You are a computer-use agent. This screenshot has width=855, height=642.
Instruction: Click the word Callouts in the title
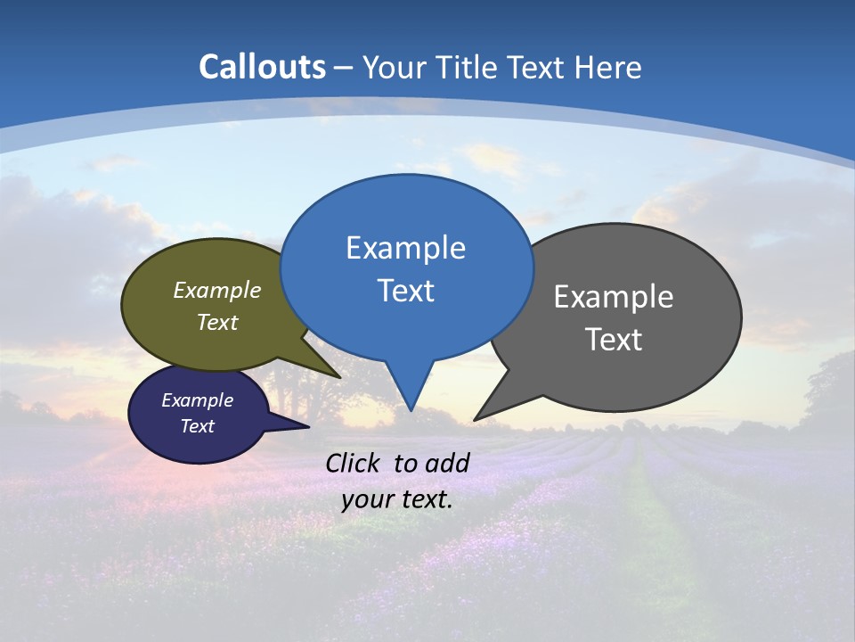(x=262, y=67)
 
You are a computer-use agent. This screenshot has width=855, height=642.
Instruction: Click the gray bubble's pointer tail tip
(x=476, y=418)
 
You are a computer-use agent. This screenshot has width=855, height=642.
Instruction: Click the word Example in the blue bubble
(x=405, y=248)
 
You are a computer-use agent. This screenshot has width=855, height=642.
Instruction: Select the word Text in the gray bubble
(x=614, y=340)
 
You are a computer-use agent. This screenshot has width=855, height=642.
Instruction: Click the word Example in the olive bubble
(x=217, y=291)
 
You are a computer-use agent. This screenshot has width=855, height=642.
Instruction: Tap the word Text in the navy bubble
(x=198, y=426)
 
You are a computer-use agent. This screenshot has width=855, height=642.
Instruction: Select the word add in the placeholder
(x=447, y=463)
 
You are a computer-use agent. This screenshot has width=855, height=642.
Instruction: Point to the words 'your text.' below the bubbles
(x=397, y=500)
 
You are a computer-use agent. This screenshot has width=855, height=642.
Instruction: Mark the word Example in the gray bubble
(x=614, y=297)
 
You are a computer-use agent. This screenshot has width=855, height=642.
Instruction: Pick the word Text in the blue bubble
(x=405, y=291)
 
